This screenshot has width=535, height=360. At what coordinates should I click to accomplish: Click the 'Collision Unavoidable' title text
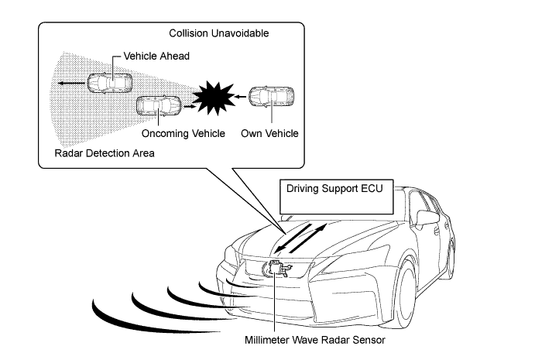218,33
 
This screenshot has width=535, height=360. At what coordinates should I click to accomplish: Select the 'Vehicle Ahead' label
156,56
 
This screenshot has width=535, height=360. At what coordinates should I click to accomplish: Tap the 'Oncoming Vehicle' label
183,133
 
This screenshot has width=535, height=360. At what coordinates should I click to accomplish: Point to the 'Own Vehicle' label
269,133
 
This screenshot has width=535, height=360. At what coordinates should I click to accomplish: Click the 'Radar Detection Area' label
105,153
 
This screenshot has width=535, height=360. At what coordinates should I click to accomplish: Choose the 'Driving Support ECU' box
337,197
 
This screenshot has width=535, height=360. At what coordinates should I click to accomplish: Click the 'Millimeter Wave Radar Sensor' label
315,340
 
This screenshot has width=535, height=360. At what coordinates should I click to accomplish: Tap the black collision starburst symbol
214,98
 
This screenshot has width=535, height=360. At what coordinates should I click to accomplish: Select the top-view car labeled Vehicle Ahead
109,83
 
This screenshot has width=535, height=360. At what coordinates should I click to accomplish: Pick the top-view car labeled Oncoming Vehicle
159,106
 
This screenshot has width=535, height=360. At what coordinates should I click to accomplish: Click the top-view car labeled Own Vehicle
271,97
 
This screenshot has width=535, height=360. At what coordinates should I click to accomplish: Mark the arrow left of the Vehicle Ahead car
71,83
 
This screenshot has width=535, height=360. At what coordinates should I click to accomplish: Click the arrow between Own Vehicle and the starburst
242,97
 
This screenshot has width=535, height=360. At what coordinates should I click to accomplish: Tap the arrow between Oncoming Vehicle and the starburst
190,107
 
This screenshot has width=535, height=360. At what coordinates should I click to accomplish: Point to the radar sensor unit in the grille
277,268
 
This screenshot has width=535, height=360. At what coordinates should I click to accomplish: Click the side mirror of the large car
427,218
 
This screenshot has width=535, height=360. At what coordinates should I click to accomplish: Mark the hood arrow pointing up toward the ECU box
308,238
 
